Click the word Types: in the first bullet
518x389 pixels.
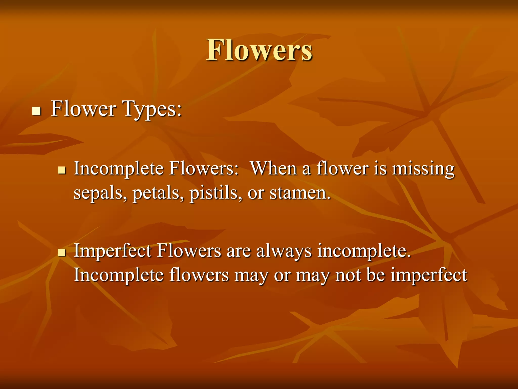coord(152,109)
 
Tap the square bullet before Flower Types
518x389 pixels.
coord(37,111)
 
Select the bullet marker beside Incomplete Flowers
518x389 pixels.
coord(62,170)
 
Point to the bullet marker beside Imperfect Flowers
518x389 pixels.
coord(62,252)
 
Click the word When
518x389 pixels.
coord(273,168)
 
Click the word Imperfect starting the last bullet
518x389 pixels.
coord(112,251)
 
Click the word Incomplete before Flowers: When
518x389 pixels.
coord(119,169)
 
